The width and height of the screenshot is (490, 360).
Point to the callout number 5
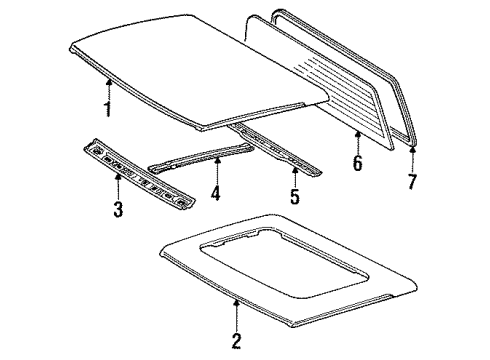[x=294, y=196]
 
